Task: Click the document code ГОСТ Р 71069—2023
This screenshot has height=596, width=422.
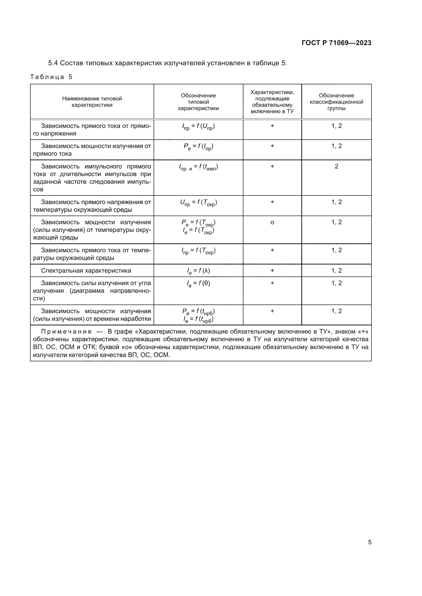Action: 336,43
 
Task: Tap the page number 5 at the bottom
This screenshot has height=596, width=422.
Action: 369,542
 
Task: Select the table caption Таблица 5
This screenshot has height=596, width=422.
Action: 51,77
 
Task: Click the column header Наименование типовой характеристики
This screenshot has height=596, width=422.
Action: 92,102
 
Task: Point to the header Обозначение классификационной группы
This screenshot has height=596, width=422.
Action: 336,102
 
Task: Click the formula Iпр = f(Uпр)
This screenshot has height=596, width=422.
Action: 198,127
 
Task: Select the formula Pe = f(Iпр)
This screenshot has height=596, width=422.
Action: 198,147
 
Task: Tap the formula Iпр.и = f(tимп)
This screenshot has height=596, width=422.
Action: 198,167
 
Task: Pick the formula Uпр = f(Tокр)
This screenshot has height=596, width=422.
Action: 198,203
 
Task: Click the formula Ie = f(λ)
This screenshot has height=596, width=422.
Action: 198,271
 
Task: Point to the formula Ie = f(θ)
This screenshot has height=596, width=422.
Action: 198,283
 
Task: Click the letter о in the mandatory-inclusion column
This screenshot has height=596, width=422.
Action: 272,222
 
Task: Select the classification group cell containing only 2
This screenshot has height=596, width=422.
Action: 336,166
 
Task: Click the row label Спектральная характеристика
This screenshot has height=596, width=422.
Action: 86,271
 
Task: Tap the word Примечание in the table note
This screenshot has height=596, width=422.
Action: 66,332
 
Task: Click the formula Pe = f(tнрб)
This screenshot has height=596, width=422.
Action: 198,311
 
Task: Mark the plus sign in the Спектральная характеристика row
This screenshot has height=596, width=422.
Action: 272,271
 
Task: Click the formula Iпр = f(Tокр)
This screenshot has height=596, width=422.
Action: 198,251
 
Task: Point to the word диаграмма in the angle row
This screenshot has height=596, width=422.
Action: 87,291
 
